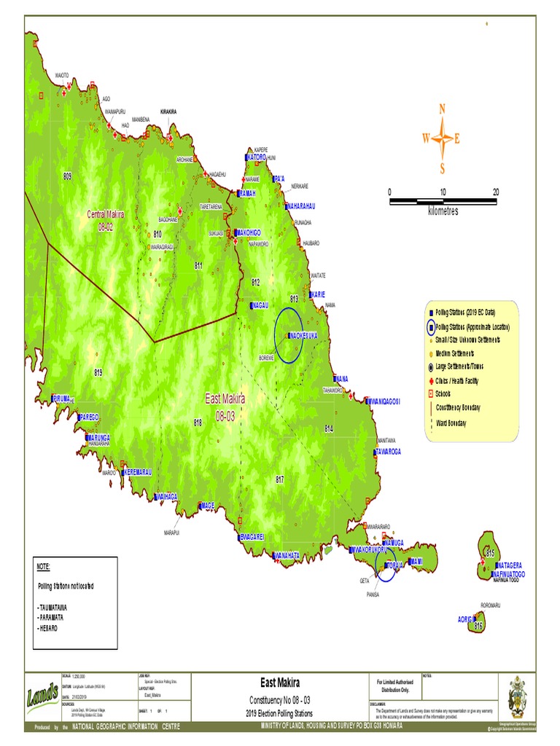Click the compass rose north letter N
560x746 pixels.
[x=442, y=109]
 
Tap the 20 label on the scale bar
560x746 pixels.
[x=496, y=192]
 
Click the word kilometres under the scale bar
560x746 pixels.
[x=443, y=211]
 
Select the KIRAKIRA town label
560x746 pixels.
[x=168, y=112]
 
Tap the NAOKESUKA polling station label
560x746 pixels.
[x=306, y=336]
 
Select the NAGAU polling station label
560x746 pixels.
[x=260, y=305]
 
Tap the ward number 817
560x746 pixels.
[x=279, y=479]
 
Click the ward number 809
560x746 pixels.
[x=67, y=177]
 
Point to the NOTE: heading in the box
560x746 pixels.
[x=44, y=567]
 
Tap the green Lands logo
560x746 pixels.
[x=44, y=696]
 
